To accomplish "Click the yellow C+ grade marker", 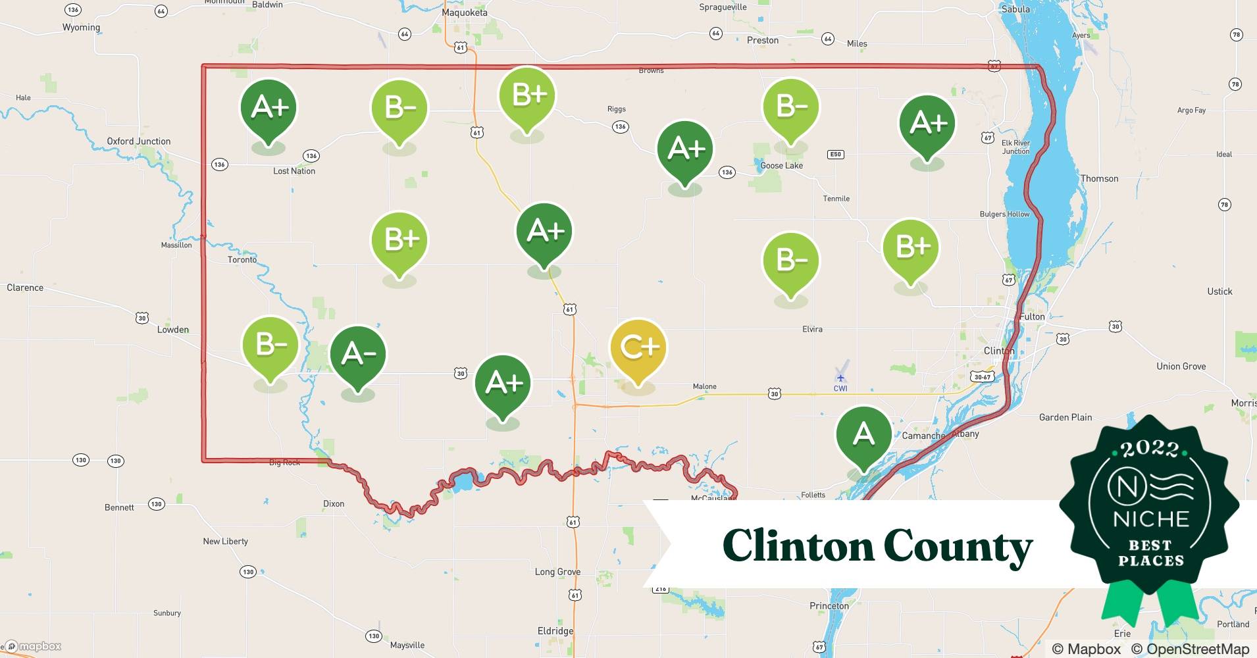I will pos(638,349).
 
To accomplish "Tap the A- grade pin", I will pos(357,355).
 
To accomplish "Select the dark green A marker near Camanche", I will pos(863,435).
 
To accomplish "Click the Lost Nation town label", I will pos(294,171).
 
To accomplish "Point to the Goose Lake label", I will pos(781,166).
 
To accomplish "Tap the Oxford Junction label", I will pos(139,141).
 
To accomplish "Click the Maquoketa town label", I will pos(465,13).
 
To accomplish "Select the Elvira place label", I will pos(812,329).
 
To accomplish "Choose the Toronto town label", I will pos(242,260).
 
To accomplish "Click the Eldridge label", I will pos(555,631).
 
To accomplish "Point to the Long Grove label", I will pos(557,572).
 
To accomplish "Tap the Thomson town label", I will pos(1099,179).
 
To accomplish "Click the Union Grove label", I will pos(1181,367).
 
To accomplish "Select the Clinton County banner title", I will pos(877,546).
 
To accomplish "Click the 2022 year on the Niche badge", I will pos(1150,449).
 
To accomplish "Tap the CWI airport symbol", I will pos(840,378).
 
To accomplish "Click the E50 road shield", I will pos(835,155).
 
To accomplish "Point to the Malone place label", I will pos(704,387).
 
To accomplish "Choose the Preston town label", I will pos(763,41).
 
